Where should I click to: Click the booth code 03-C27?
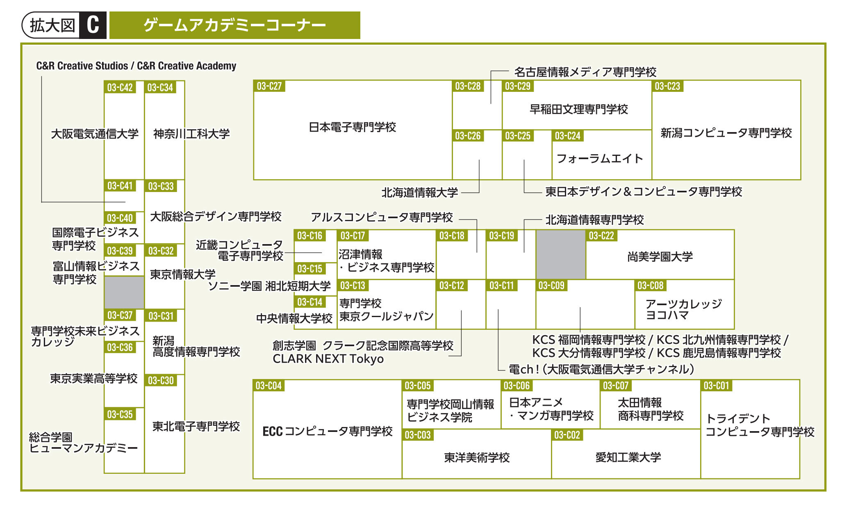pyautogui.click(x=269, y=86)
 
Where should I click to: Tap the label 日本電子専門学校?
pyautogui.click(x=353, y=127)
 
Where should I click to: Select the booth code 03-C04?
pyautogui.click(x=269, y=386)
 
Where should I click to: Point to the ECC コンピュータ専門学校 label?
pyautogui.click(x=328, y=431)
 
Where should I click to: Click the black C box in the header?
pyautogui.click(x=93, y=25)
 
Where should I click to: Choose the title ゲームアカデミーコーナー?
pyautogui.click(x=234, y=25)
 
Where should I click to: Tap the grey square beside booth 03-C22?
pyautogui.click(x=561, y=254)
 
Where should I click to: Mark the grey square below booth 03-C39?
pyautogui.click(x=124, y=292)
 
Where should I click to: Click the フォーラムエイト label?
pyautogui.click(x=600, y=158)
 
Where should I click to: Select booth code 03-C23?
pyautogui.click(x=667, y=86)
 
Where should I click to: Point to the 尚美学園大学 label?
pyautogui.click(x=660, y=257)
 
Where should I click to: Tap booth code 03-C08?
pyautogui.click(x=650, y=285)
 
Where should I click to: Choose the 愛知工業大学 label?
pyautogui.click(x=628, y=457)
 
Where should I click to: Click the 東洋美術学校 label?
pyautogui.click(x=477, y=457)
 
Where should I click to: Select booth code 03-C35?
pyautogui.click(x=120, y=414)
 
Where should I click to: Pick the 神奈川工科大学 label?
pyautogui.click(x=191, y=134)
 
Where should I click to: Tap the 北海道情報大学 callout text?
pyautogui.click(x=420, y=192)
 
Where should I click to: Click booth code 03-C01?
pyautogui.click(x=716, y=386)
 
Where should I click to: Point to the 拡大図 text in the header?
pyautogui.click(x=52, y=25)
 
